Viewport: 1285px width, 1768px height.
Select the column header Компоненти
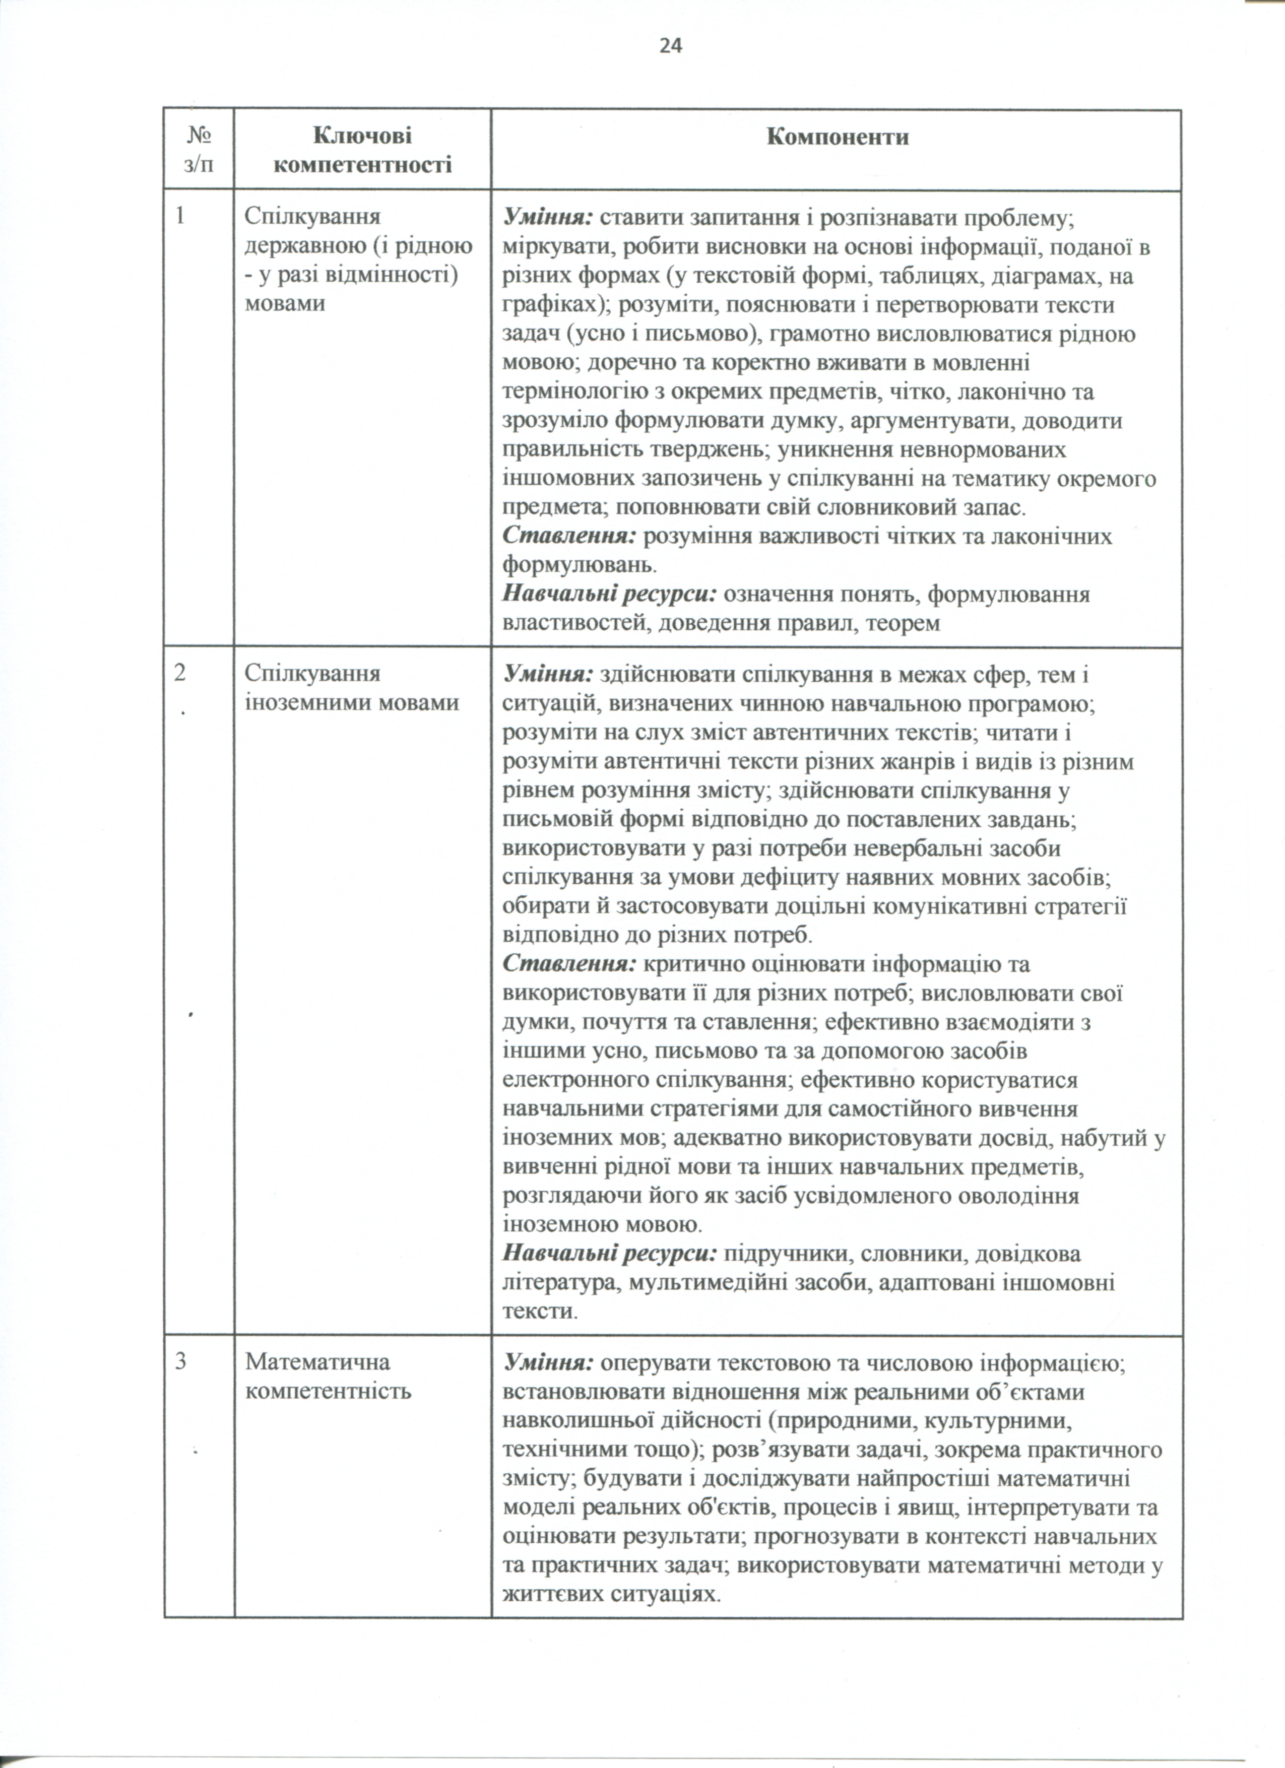coord(838,137)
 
